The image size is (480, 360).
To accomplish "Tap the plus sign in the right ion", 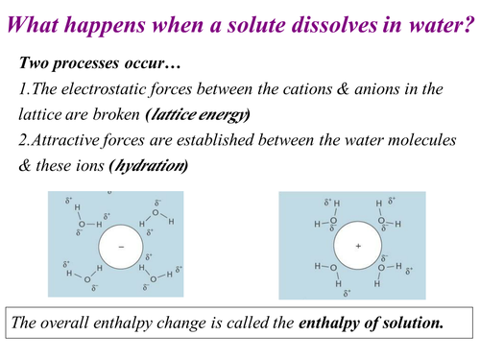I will click(357, 246).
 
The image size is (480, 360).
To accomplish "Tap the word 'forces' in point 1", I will click(188, 89).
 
